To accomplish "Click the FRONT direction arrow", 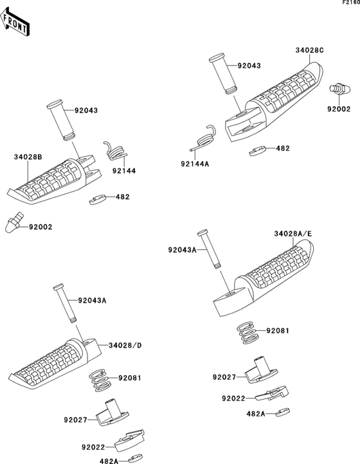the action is tap(14, 22).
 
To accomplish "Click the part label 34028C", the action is tap(309, 50).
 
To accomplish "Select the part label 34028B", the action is tap(28, 157).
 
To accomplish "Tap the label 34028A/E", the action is tap(293, 234).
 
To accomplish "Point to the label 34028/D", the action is tap(125, 345).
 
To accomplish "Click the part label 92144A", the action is tap(195, 164).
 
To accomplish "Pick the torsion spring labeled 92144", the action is tap(116, 151).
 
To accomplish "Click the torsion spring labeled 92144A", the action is tap(204, 138).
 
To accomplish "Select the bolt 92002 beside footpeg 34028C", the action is tap(341, 89).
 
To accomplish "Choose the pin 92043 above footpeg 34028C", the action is tap(223, 74).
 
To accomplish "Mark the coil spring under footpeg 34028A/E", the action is tap(248, 333).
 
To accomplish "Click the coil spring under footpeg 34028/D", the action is tap(100, 380).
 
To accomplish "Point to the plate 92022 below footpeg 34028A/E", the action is tap(272, 393).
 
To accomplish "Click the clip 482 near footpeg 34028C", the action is tap(258, 151).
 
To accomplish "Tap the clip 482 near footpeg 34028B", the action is tap(98, 199).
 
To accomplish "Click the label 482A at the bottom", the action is tap(107, 460).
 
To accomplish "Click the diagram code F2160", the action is tap(351, 3).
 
